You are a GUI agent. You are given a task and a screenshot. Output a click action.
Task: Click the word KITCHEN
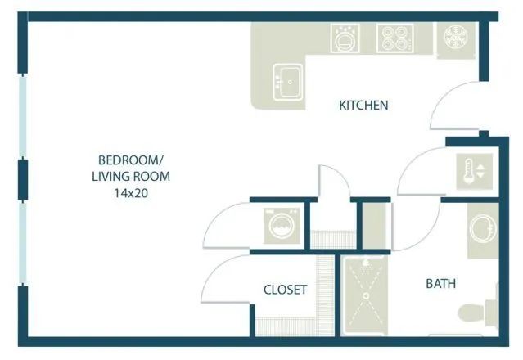click(363, 105)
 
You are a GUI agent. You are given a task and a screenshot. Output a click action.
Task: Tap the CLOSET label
click(285, 290)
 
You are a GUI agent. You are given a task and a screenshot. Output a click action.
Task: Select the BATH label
click(441, 284)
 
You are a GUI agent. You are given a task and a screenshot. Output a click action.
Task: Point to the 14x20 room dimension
click(134, 193)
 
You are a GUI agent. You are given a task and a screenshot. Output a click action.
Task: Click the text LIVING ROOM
click(134, 176)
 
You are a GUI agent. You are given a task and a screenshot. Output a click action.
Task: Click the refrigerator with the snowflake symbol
click(453, 38)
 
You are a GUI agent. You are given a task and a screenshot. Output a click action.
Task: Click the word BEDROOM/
click(134, 159)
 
